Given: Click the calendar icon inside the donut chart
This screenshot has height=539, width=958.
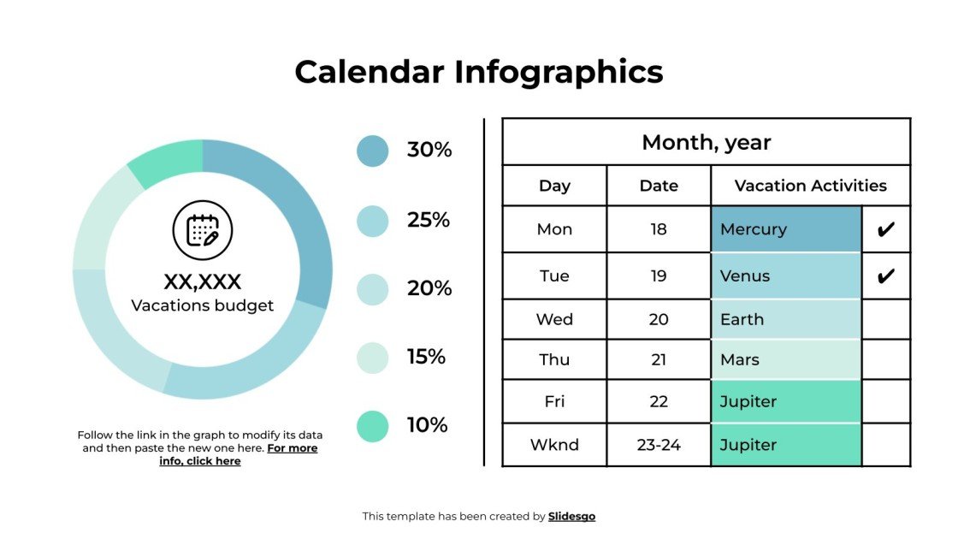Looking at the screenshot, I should pyautogui.click(x=203, y=230).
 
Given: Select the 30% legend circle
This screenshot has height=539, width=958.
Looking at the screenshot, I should pyautogui.click(x=372, y=151).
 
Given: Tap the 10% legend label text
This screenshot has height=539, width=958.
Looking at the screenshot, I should pyautogui.click(x=428, y=425).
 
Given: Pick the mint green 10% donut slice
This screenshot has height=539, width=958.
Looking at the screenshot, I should pyautogui.click(x=169, y=163).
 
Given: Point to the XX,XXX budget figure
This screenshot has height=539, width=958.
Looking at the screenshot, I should pyautogui.click(x=203, y=281).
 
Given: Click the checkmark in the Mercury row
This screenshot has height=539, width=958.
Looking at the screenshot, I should pyautogui.click(x=886, y=229).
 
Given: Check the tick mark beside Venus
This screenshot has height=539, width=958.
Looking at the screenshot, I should pyautogui.click(x=886, y=276).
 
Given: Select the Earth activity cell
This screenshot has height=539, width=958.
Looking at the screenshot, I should pyautogui.click(x=785, y=319).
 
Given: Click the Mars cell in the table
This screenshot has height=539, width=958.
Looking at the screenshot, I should pyautogui.click(x=785, y=359).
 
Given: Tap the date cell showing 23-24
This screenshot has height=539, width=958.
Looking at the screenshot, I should pyautogui.click(x=659, y=445).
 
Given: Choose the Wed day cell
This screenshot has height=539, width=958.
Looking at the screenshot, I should pyautogui.click(x=554, y=319).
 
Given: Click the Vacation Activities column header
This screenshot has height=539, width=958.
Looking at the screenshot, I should pyautogui.click(x=810, y=186).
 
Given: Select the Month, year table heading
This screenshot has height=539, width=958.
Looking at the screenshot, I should pyautogui.click(x=707, y=142).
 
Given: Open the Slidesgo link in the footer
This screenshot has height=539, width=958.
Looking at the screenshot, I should pyautogui.click(x=571, y=517).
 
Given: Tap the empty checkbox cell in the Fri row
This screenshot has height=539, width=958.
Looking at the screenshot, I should pyautogui.click(x=886, y=401).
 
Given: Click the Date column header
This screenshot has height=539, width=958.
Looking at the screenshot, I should pyautogui.click(x=659, y=186).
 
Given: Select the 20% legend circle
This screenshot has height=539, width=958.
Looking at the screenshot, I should pyautogui.click(x=372, y=289).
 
